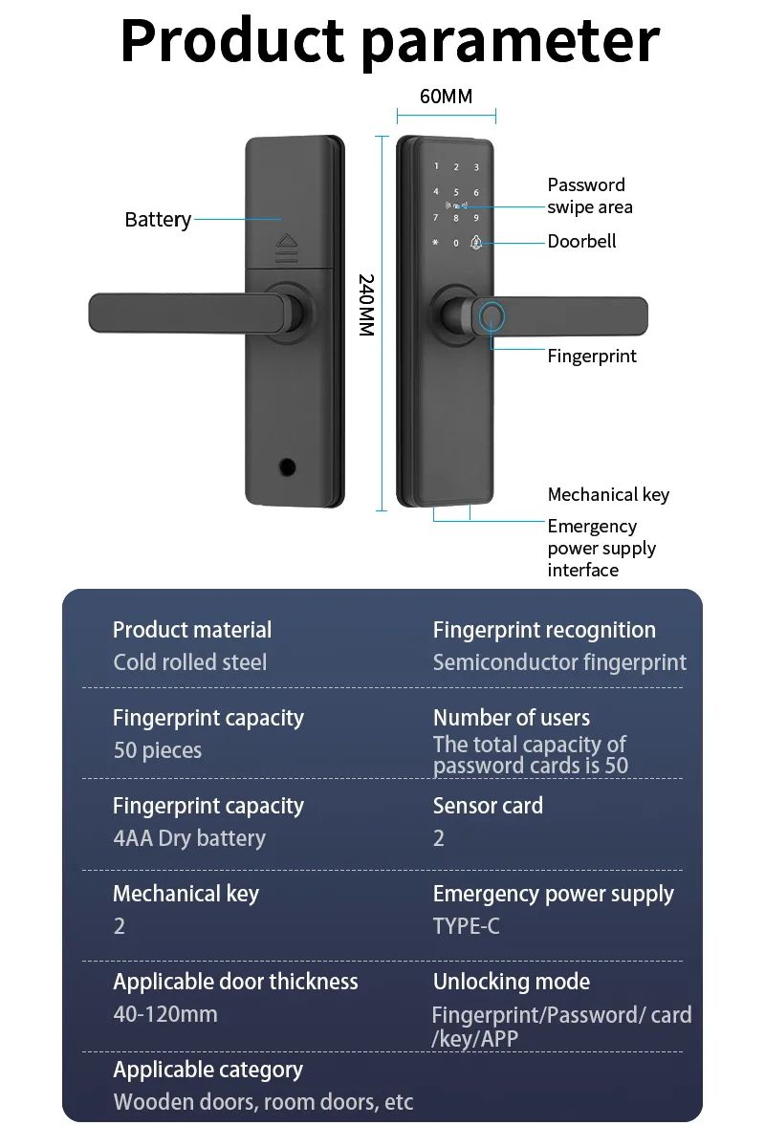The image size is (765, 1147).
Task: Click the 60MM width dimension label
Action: (x=446, y=97)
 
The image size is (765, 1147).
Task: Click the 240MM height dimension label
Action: (x=365, y=304)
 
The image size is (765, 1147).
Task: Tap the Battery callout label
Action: (x=158, y=220)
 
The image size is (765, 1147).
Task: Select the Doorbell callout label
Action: (x=581, y=241)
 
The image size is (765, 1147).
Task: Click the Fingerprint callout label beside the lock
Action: (x=591, y=356)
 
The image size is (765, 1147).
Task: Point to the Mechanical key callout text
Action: (x=608, y=494)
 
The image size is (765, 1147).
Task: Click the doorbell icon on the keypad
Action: (x=475, y=243)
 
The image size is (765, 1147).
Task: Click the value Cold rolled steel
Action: (x=190, y=662)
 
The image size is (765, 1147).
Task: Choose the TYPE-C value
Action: (x=466, y=926)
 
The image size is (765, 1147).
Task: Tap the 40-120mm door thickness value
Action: (x=165, y=1014)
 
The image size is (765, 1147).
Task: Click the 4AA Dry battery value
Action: (x=189, y=838)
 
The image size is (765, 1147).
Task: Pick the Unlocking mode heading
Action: (x=511, y=982)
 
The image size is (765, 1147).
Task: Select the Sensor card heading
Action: (x=488, y=806)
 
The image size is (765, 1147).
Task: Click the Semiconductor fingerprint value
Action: (x=559, y=662)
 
